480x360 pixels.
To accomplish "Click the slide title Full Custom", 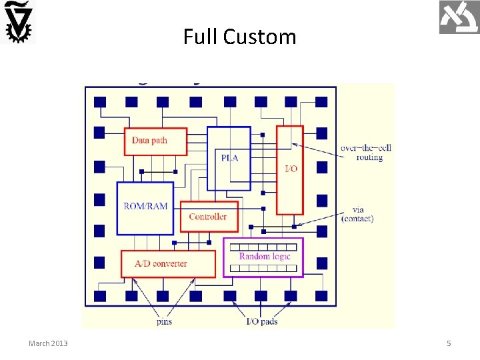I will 239,36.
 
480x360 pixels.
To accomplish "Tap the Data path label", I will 149,140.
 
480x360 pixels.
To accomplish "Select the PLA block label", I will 229,158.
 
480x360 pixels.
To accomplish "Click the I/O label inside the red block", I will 291,169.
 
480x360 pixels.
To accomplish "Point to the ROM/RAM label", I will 145,205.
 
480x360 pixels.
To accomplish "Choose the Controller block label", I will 207,216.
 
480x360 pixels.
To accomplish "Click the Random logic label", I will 264,257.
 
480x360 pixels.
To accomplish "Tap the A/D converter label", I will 161,263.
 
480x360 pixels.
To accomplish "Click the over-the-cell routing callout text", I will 361,153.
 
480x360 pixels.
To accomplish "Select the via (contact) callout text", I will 357,215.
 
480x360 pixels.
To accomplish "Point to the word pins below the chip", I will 163,322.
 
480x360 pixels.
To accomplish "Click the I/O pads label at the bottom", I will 262,322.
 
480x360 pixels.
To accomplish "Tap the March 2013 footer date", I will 48,343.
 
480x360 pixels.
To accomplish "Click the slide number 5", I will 449,343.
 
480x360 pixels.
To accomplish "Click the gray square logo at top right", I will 459,17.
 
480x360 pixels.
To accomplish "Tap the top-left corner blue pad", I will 99,102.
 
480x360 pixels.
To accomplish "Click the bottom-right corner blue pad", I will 321,295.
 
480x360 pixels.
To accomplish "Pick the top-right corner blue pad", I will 321,102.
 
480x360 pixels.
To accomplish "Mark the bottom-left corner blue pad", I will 99,295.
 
